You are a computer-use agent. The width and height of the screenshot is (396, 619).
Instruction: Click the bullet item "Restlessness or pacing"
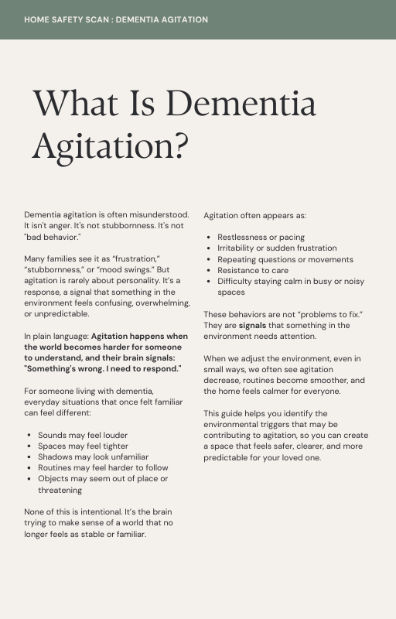point(261,237)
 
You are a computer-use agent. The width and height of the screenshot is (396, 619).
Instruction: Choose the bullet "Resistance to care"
point(253,270)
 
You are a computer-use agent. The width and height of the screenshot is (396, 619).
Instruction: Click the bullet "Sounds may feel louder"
point(83,435)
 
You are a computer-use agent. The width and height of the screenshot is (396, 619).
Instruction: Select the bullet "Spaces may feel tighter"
point(83,446)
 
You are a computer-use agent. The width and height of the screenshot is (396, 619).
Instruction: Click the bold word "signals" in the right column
point(251,326)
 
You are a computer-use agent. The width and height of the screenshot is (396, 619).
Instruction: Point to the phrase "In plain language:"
point(56,337)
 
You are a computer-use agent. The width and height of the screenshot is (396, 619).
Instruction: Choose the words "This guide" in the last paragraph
point(223,413)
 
